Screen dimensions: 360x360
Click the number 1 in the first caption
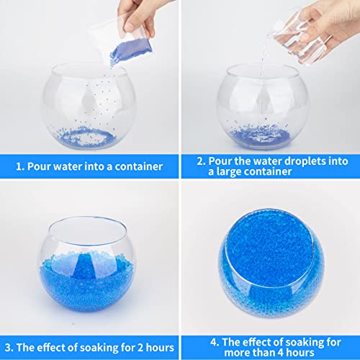(x=19, y=166)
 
